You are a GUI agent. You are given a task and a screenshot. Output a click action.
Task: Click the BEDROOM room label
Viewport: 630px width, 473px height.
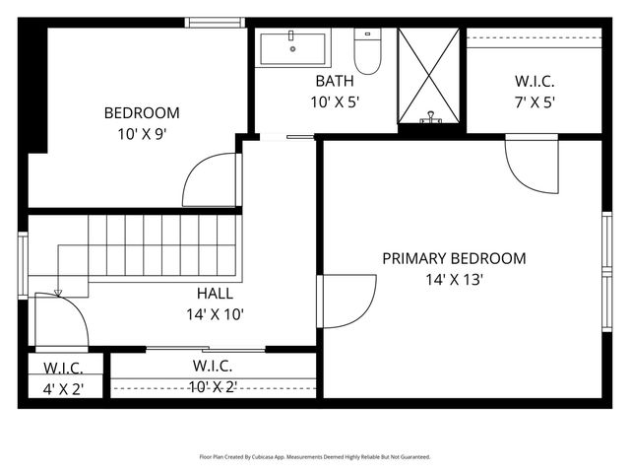(x=142, y=112)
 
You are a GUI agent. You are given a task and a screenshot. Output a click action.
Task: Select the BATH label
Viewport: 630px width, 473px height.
(x=335, y=81)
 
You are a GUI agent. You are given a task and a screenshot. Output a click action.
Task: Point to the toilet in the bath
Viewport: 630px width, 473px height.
(x=367, y=55)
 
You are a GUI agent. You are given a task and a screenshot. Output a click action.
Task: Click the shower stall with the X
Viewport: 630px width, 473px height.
(x=428, y=76)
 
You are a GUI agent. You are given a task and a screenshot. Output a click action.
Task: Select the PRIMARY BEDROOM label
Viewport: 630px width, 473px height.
(x=454, y=258)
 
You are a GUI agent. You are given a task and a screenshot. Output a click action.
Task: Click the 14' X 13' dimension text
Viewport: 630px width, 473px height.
(x=454, y=279)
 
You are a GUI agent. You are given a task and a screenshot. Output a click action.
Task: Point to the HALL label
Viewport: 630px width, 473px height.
(x=215, y=294)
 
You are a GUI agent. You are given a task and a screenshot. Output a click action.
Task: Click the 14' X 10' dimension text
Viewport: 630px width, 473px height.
(x=215, y=314)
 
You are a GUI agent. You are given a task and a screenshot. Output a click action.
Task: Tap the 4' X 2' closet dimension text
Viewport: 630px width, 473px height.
(x=63, y=388)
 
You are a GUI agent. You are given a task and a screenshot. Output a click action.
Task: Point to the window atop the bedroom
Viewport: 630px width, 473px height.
(x=216, y=23)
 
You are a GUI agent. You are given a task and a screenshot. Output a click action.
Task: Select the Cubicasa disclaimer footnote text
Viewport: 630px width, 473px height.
(x=315, y=457)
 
